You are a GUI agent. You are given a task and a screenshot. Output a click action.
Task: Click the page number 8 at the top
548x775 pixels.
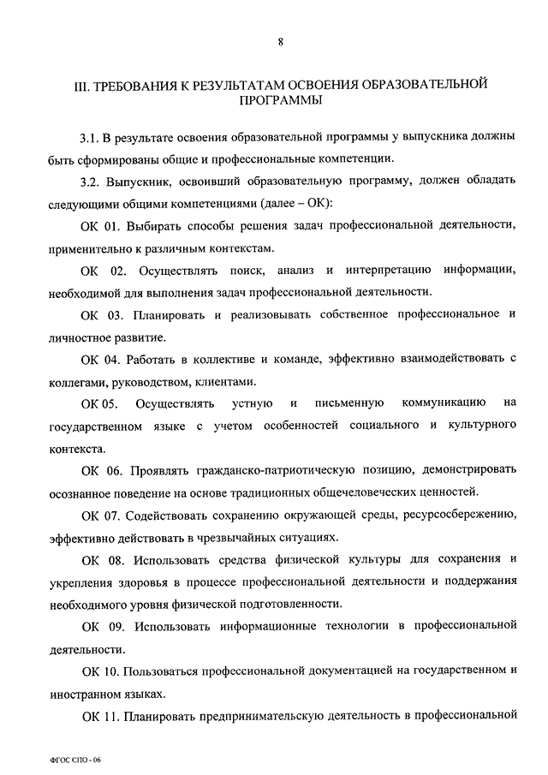279,42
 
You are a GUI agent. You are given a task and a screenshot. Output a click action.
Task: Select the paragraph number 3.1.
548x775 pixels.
87,137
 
